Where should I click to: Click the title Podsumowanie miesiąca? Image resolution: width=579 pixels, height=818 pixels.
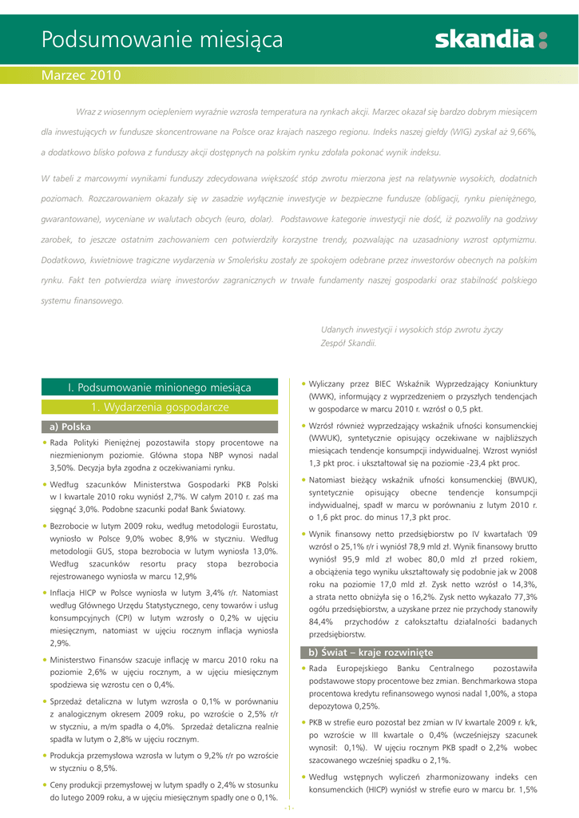pyautogui.click(x=161, y=39)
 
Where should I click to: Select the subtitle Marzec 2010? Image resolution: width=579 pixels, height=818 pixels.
pyautogui.click(x=81, y=76)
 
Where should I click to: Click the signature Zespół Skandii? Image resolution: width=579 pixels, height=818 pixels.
pyautogui.click(x=348, y=343)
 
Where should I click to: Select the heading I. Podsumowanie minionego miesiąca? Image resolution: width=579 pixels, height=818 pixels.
pyautogui.click(x=160, y=387)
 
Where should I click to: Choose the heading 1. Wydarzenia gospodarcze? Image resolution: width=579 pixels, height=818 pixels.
pyautogui.click(x=160, y=407)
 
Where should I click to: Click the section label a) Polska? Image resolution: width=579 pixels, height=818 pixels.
pyautogui.click(x=70, y=427)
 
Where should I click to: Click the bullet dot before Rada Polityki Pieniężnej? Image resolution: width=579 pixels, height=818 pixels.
pyautogui.click(x=44, y=442)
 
